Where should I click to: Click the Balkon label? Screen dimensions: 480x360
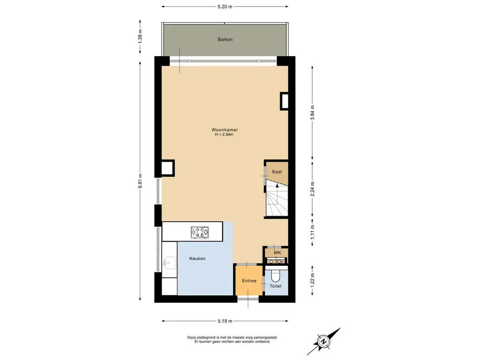coord(225,39)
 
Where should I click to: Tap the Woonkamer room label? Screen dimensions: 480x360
coord(225,130)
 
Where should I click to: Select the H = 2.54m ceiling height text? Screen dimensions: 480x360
coord(224,135)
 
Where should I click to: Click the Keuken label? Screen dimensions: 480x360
coord(197,259)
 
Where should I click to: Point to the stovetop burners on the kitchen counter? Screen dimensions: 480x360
coord(200,232)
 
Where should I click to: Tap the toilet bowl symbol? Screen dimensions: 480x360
coord(276,276)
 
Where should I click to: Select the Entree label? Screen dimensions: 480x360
coord(249,281)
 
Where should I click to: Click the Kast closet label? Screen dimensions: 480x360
coord(277,172)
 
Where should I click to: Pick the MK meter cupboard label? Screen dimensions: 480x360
coord(277,253)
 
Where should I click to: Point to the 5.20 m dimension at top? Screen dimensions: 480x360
coord(225,7)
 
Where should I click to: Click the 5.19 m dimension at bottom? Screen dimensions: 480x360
coord(225,321)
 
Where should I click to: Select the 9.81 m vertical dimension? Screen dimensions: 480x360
coord(140,181)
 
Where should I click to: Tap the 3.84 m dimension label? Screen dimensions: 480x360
coord(312,112)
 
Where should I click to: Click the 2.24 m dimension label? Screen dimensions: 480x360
coord(312,189)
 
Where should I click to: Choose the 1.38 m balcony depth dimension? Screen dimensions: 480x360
coord(140,36)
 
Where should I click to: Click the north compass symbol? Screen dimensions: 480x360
coord(323,341)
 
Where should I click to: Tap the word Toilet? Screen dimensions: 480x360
coord(276,286)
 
